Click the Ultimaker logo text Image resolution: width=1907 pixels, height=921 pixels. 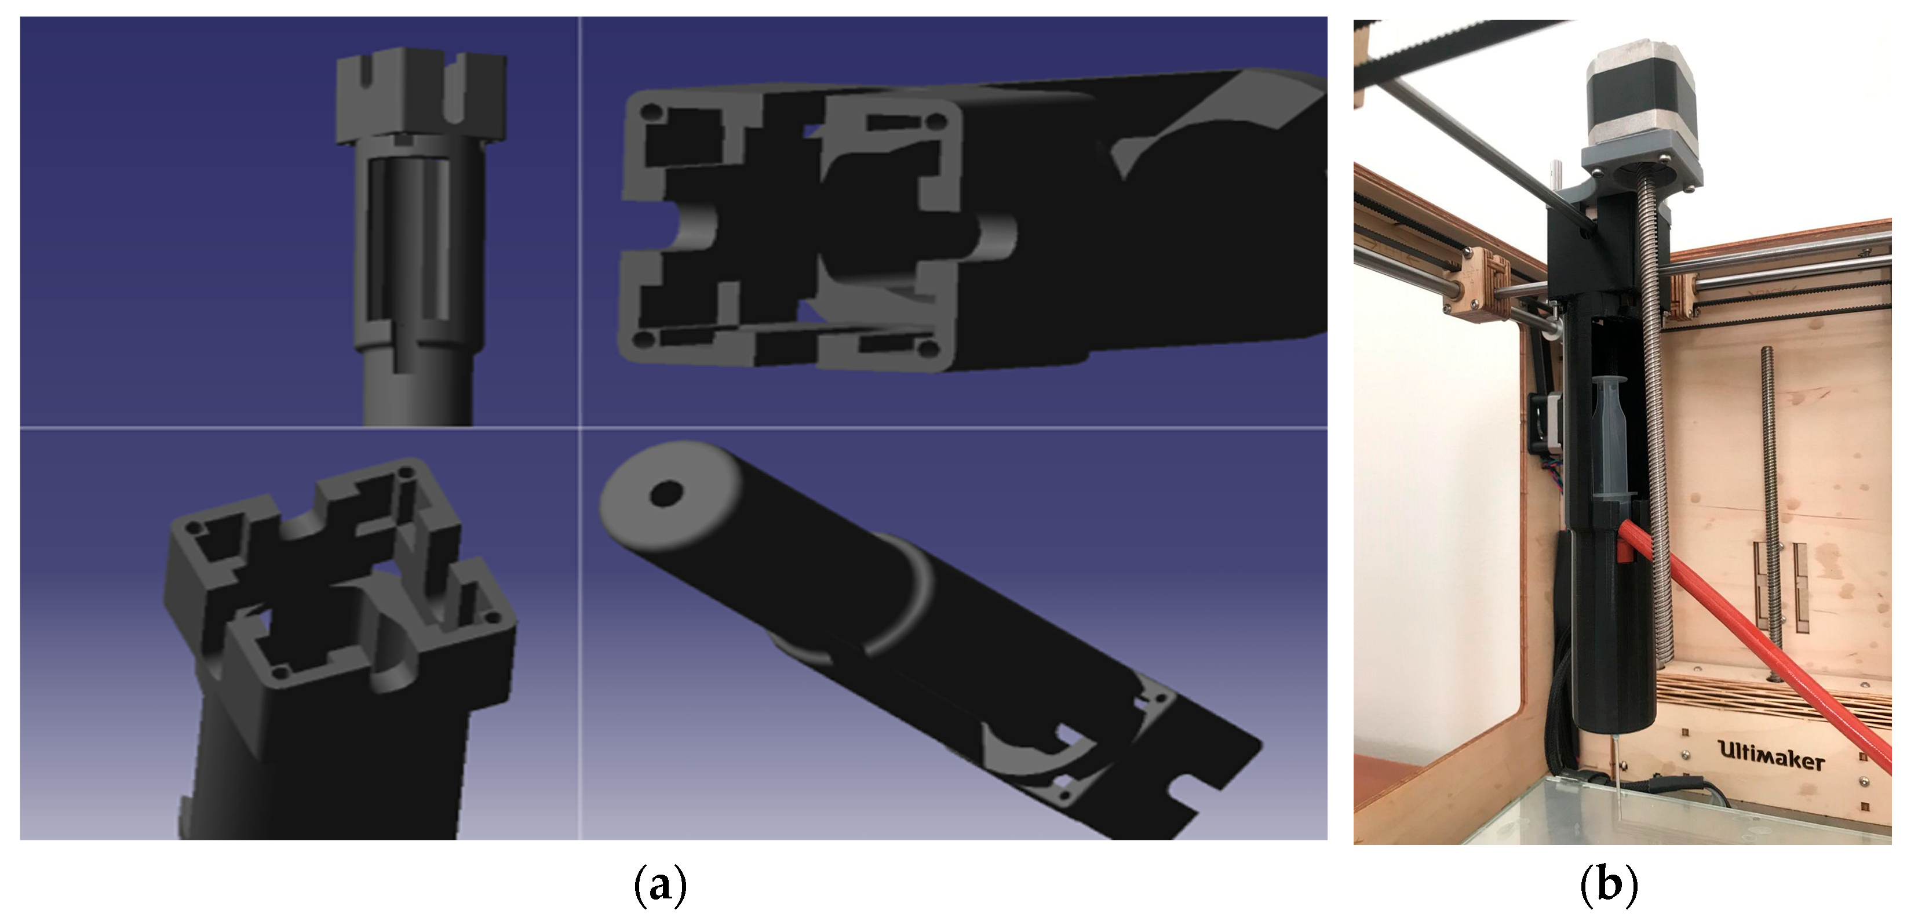(x=1770, y=756)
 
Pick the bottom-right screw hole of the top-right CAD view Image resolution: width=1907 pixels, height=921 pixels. (x=925, y=347)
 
